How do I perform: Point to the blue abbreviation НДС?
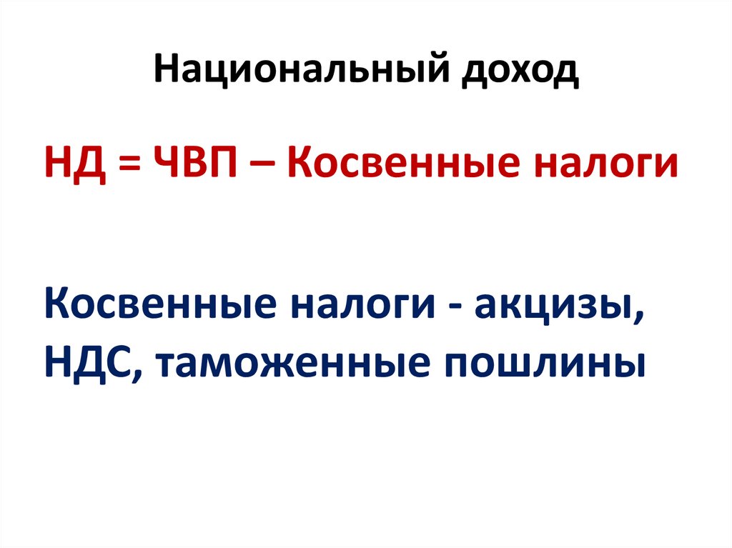[90, 365]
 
